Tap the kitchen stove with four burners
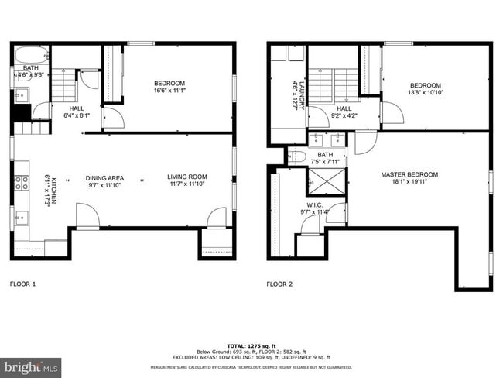click(21, 184)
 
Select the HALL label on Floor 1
click(77, 109)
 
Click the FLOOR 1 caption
click(22, 283)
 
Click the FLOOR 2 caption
click(279, 283)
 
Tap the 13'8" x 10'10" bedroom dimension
click(425, 92)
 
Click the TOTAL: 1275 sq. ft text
click(251, 345)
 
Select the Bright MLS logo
click(31, 366)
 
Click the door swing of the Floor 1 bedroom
click(113, 119)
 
